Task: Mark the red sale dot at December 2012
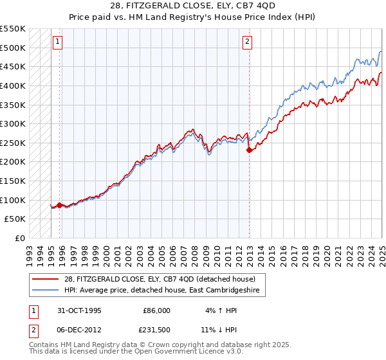coord(249,150)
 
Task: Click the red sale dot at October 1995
coord(60,205)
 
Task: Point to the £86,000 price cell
coord(156,310)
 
